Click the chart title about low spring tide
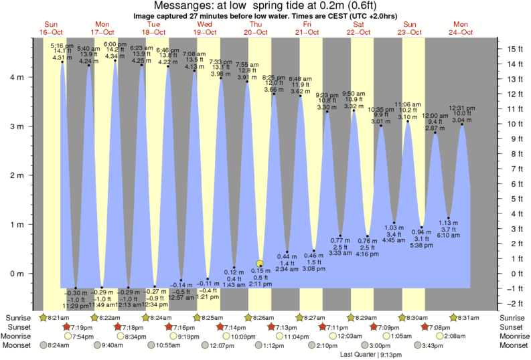(265, 6)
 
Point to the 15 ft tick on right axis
(514, 49)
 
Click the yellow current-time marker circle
(260, 264)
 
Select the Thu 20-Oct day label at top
(256, 27)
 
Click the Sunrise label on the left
(19, 317)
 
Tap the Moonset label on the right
(513, 345)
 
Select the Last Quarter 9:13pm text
(367, 355)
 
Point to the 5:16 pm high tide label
(62, 45)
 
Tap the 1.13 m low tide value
(448, 223)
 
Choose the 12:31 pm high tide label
(461, 108)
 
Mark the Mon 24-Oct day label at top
(461, 27)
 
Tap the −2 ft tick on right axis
(514, 303)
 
